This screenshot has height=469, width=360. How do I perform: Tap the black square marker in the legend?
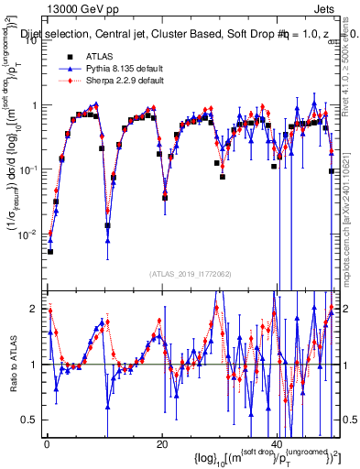point(71,56)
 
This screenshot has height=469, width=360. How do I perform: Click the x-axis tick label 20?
point(162,443)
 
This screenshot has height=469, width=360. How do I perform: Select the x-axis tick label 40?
point(278,443)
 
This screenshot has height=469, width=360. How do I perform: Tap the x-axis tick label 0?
point(47,443)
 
